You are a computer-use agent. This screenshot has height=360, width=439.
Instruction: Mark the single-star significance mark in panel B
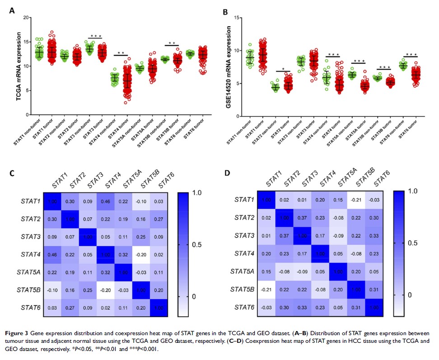tap(284, 69)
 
